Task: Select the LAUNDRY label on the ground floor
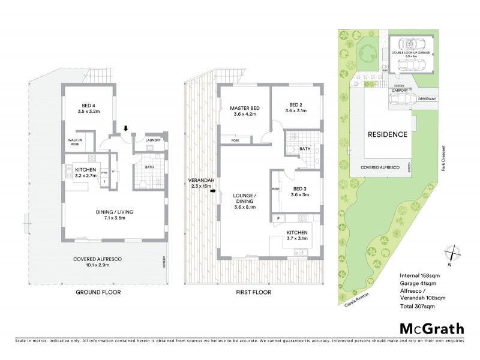[152, 142]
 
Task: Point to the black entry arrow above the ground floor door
[125, 128]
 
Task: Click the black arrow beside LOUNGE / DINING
[213, 193]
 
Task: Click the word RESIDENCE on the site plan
[388, 134]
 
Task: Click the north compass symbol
[454, 254]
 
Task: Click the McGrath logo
[432, 328]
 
